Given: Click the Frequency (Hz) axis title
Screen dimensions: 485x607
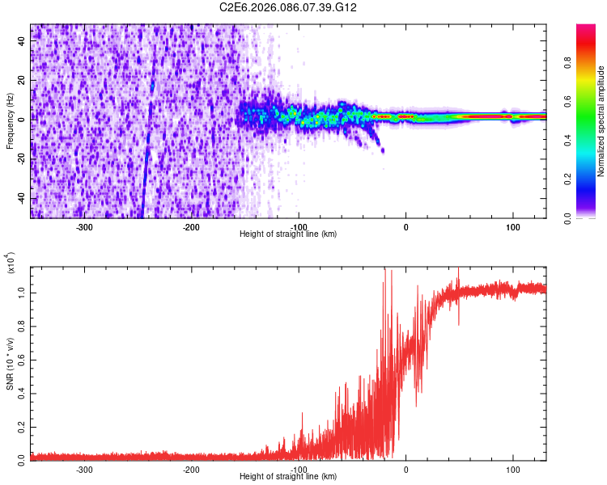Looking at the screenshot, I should [x=10, y=120].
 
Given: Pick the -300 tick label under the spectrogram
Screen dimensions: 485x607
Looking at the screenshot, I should [x=85, y=227].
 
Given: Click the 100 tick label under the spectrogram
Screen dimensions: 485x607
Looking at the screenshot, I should [x=512, y=227].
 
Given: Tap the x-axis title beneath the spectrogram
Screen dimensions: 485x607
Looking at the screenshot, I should [x=289, y=234].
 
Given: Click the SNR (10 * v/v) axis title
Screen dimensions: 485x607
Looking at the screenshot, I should [x=10, y=364].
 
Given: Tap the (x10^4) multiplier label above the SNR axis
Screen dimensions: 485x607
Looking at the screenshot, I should [x=10, y=264].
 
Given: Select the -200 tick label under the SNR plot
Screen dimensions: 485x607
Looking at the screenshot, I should [x=192, y=469].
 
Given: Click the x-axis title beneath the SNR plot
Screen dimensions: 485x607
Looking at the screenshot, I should [x=289, y=476].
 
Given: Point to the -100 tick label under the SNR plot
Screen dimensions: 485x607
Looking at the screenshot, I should [x=299, y=469].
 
